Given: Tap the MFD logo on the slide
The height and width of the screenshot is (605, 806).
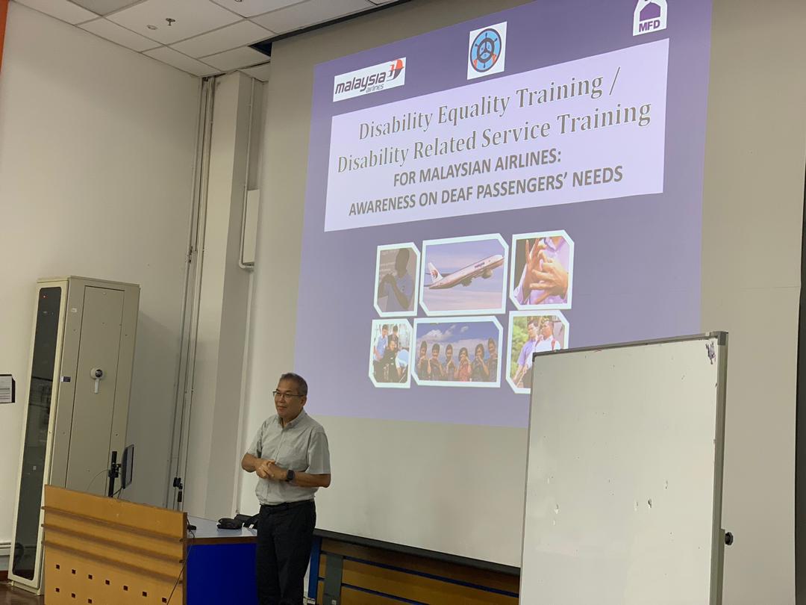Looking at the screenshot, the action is pyautogui.click(x=650, y=17).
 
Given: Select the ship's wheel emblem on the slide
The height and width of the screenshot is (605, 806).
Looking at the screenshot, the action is pyautogui.click(x=487, y=51).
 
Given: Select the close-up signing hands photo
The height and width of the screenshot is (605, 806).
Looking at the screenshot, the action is pyautogui.click(x=542, y=270).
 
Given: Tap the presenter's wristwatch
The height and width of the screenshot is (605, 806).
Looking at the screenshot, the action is pyautogui.click(x=290, y=475).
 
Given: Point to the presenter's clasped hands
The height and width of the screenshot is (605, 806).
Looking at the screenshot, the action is pyautogui.click(x=266, y=468).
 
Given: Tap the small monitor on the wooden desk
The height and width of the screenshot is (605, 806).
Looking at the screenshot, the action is pyautogui.click(x=126, y=467).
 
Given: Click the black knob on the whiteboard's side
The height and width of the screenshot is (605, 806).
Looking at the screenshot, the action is pyautogui.click(x=728, y=538).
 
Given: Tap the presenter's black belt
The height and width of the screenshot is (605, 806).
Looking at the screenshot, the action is pyautogui.click(x=287, y=505).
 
